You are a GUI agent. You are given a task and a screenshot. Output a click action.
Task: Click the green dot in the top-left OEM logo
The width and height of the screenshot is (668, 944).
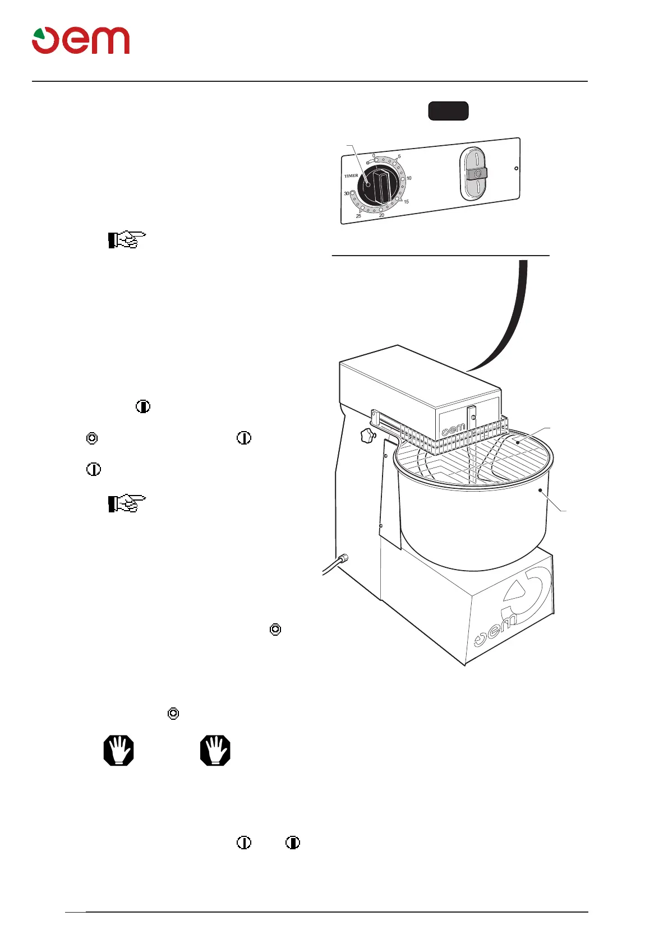(38, 34)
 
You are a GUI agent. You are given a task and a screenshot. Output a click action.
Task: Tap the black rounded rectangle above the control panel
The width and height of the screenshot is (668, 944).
(448, 111)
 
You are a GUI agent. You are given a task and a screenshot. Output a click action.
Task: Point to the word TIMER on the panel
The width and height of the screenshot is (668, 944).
(351, 176)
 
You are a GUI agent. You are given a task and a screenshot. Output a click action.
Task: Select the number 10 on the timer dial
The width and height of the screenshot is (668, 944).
(409, 178)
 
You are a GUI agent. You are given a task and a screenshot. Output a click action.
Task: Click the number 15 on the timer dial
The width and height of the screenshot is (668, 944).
(406, 202)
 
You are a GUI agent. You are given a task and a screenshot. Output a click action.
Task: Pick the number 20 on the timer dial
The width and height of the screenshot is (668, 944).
(381, 215)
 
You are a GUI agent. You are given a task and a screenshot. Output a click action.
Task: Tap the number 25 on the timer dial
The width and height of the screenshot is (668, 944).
(358, 216)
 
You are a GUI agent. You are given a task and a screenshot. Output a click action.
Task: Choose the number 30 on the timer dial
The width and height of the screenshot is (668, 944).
(347, 193)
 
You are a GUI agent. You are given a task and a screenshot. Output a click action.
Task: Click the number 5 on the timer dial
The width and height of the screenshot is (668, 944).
(399, 157)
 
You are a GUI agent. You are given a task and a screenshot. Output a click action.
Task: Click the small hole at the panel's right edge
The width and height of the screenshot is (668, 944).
(517, 168)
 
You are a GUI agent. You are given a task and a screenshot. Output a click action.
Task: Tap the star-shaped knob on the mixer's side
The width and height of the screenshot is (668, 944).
(368, 435)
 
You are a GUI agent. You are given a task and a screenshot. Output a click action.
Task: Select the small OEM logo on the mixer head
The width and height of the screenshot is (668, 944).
(454, 430)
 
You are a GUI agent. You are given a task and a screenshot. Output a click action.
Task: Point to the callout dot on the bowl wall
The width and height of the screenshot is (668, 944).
(540, 490)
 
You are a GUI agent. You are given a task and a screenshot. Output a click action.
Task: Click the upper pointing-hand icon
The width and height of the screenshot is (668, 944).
(127, 240)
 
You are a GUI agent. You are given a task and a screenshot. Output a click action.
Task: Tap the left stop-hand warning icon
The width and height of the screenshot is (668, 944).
(119, 750)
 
